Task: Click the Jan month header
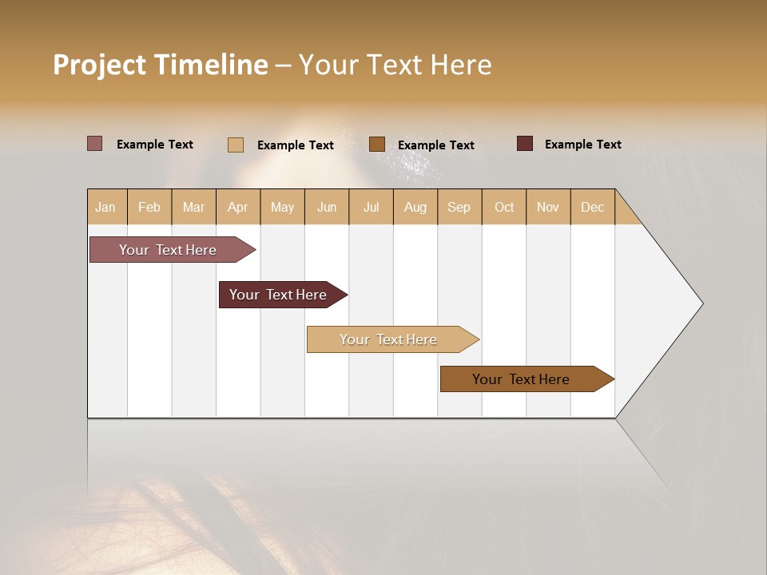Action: [106, 207]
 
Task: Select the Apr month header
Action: [238, 207]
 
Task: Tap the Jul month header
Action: [371, 207]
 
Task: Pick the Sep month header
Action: [459, 207]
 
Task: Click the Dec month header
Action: [592, 207]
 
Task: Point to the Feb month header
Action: [149, 207]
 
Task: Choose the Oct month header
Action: [504, 207]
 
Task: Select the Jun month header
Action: [327, 207]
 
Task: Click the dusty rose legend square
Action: [95, 144]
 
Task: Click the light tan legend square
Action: [236, 145]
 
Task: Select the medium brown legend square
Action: [377, 145]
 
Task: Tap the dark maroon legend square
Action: [525, 144]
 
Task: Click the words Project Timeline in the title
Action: [161, 65]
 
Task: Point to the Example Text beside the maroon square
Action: [582, 145]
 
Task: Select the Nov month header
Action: [548, 207]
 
